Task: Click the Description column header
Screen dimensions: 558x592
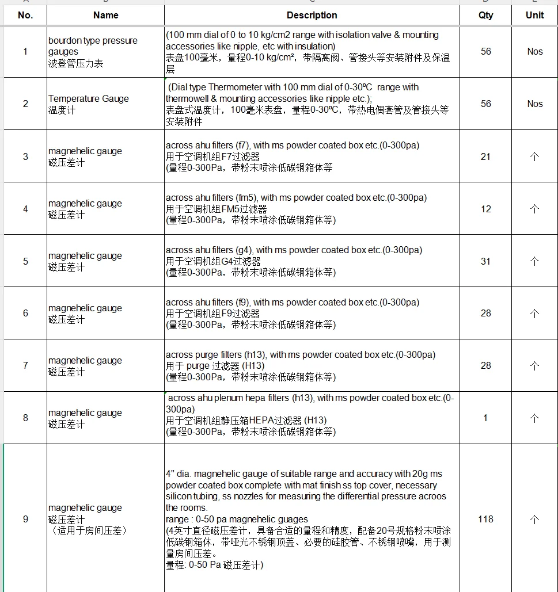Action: coord(312,16)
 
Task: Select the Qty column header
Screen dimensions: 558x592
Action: coord(485,16)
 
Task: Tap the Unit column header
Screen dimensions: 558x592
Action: coord(534,16)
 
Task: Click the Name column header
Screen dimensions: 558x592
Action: coord(105,16)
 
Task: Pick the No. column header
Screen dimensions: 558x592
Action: coord(25,16)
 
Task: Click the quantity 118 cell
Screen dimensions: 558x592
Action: coord(485,519)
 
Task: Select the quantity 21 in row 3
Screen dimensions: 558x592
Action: coord(485,156)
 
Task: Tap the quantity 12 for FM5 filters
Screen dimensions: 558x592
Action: coord(485,209)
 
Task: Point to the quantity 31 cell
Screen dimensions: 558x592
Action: coord(485,261)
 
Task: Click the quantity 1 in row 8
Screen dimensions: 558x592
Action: coord(485,418)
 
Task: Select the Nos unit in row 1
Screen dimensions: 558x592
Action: coord(534,52)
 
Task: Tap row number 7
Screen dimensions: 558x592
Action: coord(25,365)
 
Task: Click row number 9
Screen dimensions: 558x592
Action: coord(25,519)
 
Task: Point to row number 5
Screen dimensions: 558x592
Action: coord(25,261)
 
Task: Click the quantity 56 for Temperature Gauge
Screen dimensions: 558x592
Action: coord(485,104)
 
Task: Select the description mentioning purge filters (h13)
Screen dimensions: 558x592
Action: coord(300,365)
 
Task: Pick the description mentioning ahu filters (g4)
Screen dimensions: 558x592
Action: coord(294,261)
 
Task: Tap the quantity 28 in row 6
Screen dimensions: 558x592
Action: coord(485,314)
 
